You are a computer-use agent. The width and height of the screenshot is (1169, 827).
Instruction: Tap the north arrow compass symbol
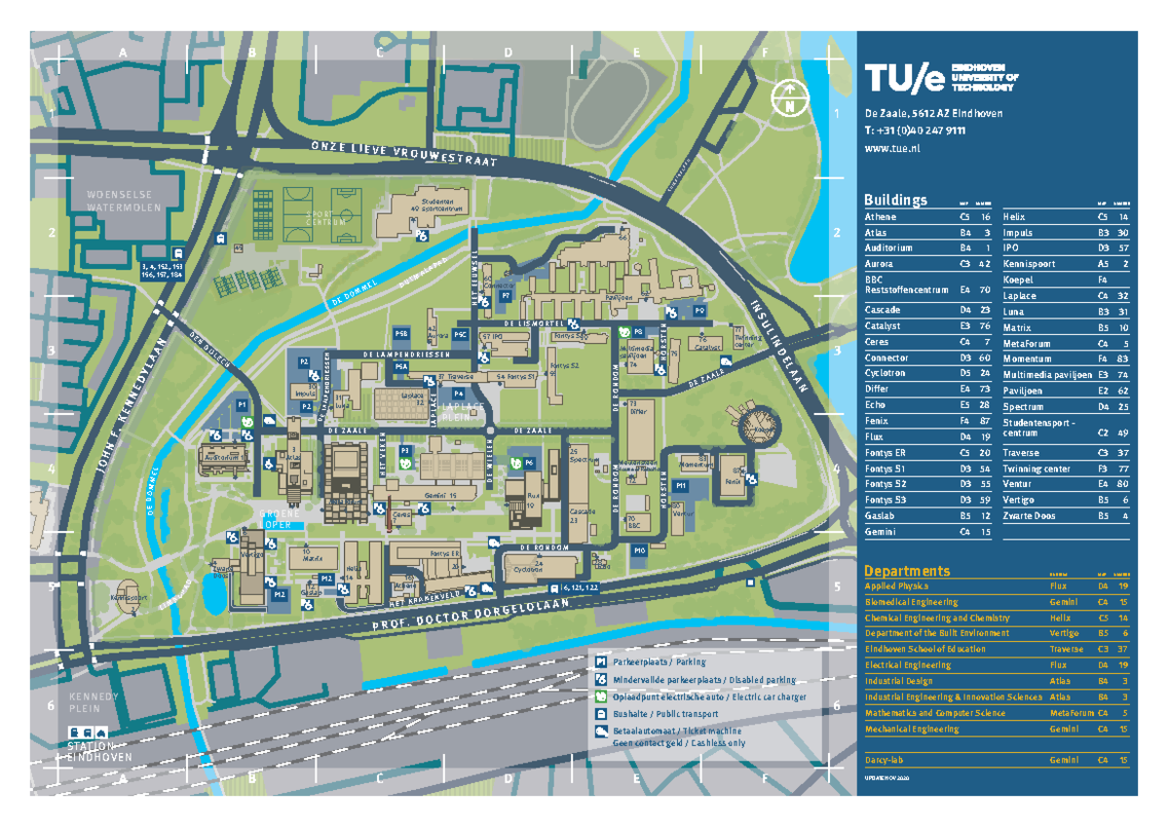click(x=789, y=97)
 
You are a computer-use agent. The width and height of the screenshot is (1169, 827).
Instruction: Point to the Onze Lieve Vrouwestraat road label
click(x=404, y=153)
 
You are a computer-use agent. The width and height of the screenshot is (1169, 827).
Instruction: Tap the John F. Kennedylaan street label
click(x=131, y=404)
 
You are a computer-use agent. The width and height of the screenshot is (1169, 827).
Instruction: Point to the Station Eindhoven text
click(x=95, y=753)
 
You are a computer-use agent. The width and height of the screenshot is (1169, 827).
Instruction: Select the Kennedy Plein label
click(x=94, y=703)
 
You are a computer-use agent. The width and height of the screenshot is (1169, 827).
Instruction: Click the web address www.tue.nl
click(x=892, y=148)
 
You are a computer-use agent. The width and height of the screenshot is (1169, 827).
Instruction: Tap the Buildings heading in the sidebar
click(x=895, y=200)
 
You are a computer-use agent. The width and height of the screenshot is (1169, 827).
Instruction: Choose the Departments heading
click(x=906, y=571)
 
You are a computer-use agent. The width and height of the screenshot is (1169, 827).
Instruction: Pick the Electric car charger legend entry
click(x=709, y=697)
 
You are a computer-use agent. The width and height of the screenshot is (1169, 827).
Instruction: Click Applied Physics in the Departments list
click(x=897, y=586)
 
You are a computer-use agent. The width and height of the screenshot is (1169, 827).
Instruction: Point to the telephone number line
click(x=916, y=132)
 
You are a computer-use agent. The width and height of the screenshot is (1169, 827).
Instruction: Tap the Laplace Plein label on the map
click(x=463, y=410)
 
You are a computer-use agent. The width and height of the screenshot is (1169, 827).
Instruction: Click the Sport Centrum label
click(x=326, y=217)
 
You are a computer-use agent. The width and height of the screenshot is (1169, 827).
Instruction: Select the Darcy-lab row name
click(x=885, y=759)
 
